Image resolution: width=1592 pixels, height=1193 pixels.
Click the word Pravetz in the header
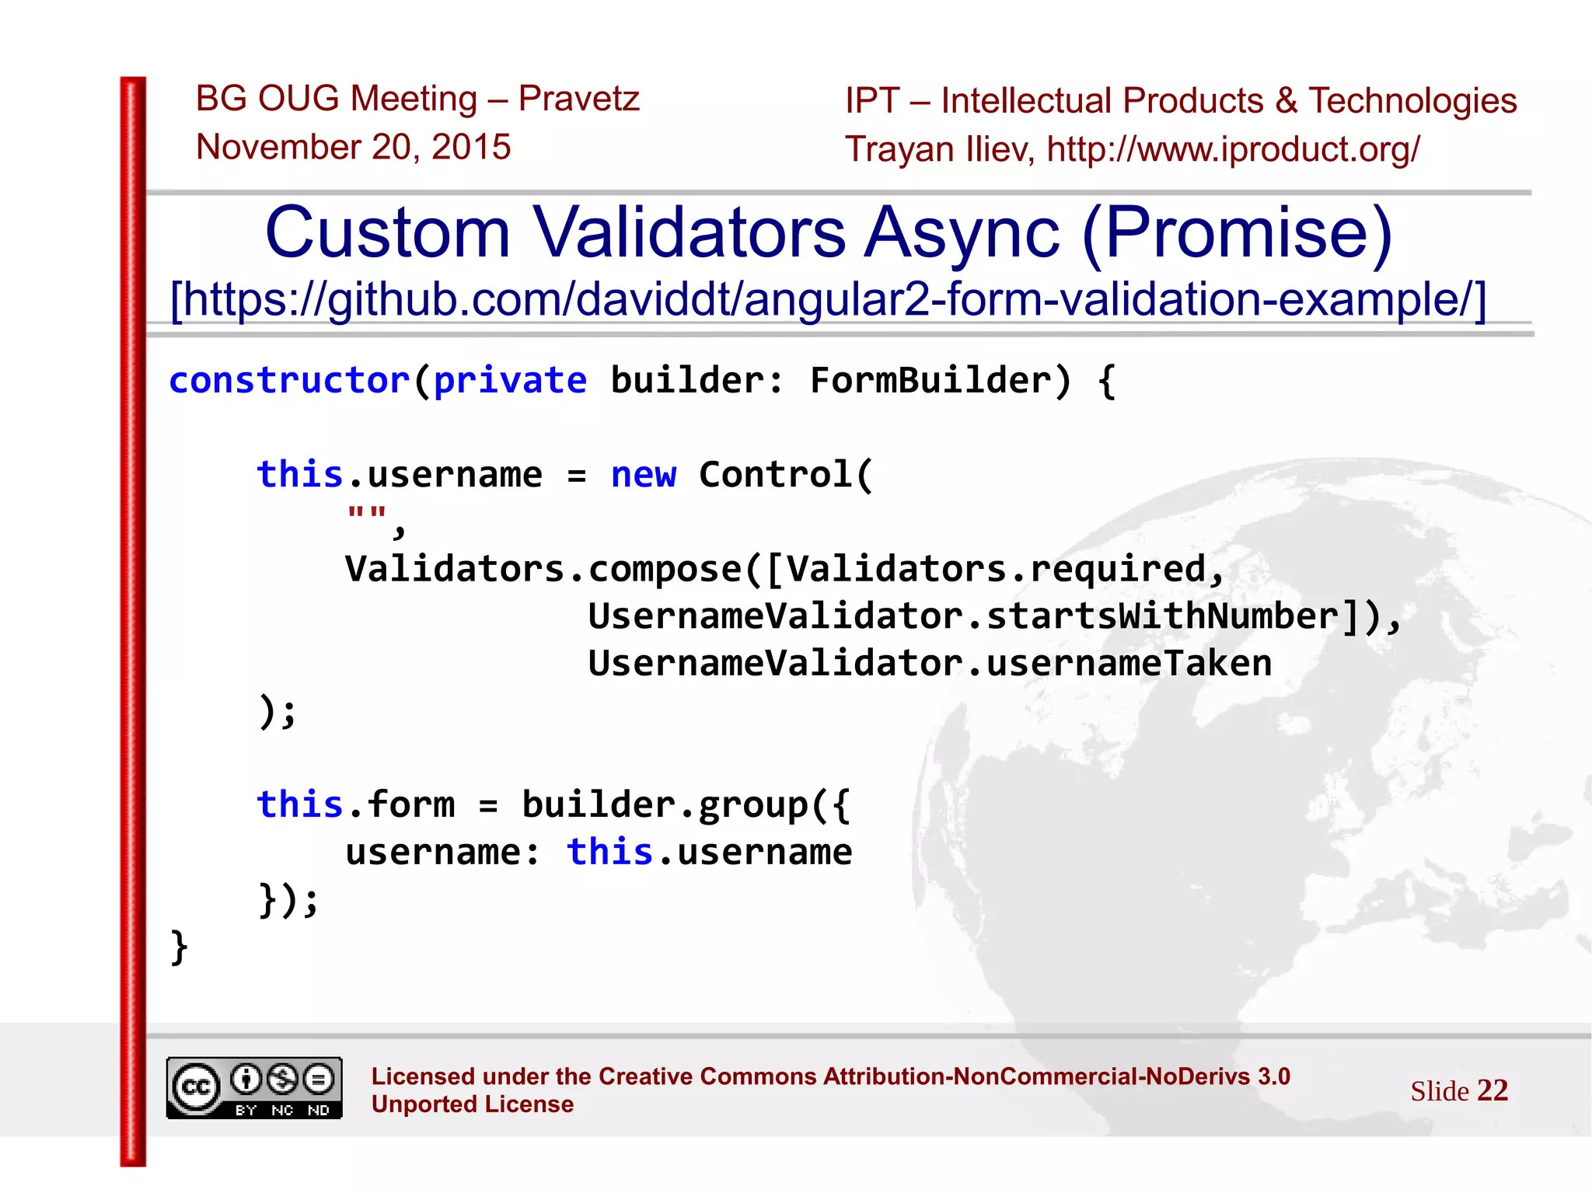(x=578, y=99)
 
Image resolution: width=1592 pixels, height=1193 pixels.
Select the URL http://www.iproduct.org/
(x=1233, y=149)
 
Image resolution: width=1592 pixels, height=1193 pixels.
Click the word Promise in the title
(x=1238, y=232)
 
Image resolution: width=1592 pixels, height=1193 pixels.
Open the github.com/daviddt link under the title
(x=828, y=299)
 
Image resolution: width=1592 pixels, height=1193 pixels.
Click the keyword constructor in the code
(x=289, y=381)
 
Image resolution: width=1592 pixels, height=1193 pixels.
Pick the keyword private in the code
(x=510, y=381)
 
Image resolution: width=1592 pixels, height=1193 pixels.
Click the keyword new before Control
(x=644, y=475)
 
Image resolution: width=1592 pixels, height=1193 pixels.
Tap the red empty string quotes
(x=366, y=514)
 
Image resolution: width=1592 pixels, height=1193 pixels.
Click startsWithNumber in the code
(x=1162, y=616)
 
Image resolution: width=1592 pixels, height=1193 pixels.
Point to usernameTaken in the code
(x=1129, y=664)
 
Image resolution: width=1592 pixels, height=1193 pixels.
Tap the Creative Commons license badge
(x=254, y=1088)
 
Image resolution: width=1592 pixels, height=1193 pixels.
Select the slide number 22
(x=1492, y=1090)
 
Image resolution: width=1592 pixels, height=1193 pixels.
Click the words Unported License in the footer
(x=473, y=1104)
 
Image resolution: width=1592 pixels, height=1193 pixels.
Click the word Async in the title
(x=962, y=232)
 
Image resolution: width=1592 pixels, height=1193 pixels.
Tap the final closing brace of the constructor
(x=179, y=947)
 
